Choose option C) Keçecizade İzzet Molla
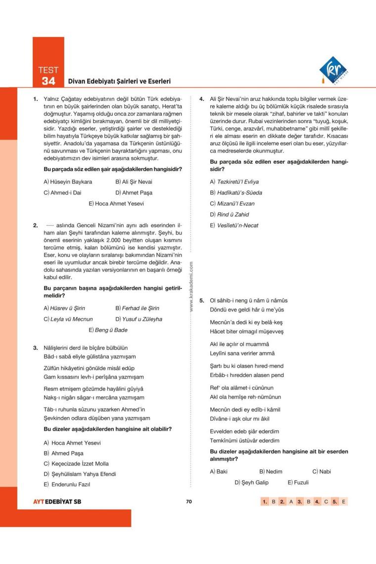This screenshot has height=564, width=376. click(79, 464)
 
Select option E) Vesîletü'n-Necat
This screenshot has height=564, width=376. click(234, 225)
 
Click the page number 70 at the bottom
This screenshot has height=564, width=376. click(188, 501)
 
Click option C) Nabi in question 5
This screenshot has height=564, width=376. click(322, 471)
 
